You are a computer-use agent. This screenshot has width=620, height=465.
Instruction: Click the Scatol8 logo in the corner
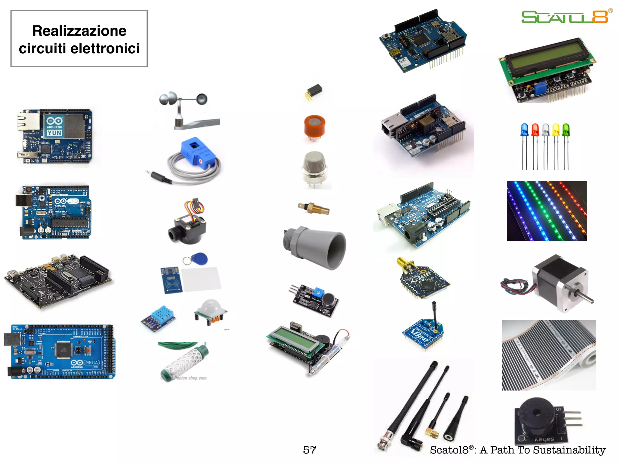click(565, 17)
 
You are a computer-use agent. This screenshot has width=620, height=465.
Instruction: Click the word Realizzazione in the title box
click(79, 31)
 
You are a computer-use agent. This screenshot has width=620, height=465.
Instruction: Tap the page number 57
click(309, 450)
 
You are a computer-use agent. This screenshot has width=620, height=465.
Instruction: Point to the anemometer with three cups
click(188, 109)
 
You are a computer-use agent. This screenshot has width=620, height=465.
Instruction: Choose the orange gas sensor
click(315, 126)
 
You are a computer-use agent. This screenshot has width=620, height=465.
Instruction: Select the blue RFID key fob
click(200, 259)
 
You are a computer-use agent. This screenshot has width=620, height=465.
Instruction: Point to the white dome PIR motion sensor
click(211, 307)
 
